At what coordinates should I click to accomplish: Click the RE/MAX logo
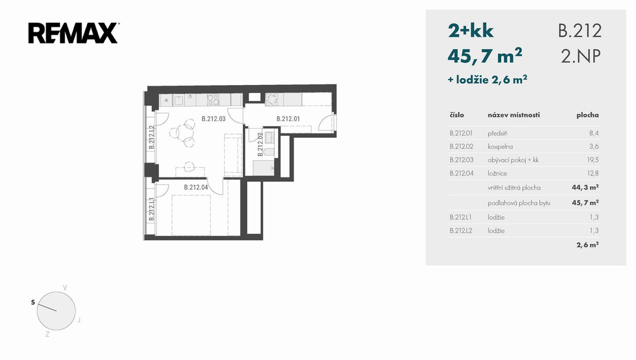click(73, 34)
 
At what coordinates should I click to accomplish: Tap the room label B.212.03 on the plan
click(214, 119)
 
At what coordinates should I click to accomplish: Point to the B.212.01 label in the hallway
click(288, 119)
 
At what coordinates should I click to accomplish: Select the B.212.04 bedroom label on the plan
click(196, 187)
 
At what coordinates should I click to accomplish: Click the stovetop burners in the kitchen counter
click(213, 100)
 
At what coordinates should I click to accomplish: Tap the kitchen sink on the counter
click(179, 100)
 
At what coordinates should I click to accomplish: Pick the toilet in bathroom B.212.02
click(268, 153)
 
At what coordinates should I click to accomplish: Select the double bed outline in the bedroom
click(191, 215)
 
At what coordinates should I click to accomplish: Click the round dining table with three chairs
click(184, 132)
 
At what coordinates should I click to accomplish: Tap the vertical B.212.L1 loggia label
click(152, 209)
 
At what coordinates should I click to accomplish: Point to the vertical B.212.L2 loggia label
click(152, 137)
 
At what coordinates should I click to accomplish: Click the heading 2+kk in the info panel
click(471, 31)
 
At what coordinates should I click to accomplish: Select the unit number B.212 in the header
click(579, 31)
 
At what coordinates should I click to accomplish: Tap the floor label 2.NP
click(581, 56)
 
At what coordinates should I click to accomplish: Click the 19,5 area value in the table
click(593, 160)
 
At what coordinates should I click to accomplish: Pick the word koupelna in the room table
click(500, 146)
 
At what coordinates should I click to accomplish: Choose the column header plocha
click(588, 115)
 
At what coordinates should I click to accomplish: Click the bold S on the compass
click(34, 302)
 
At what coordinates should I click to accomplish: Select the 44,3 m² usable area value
click(585, 187)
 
